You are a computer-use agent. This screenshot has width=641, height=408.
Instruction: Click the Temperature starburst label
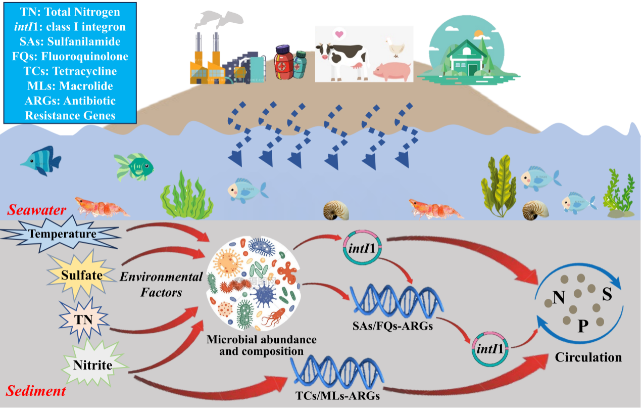click(63, 234)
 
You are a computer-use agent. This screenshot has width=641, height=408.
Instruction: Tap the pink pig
click(391, 71)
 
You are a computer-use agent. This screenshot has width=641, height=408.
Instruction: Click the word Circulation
click(588, 357)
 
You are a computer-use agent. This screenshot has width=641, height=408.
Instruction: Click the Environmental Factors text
click(161, 285)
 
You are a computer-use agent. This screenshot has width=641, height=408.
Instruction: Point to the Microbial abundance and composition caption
click(261, 344)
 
